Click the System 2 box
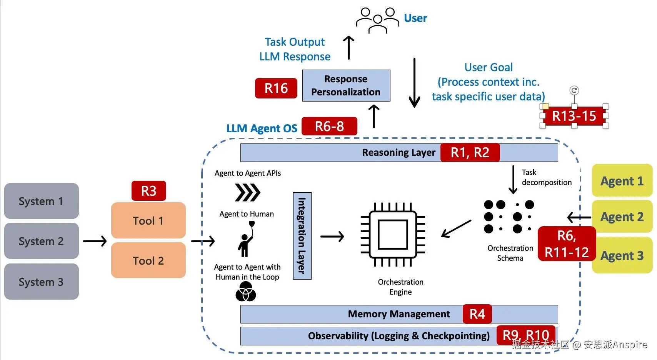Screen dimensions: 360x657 click(x=42, y=241)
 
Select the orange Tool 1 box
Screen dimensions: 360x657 click(x=148, y=220)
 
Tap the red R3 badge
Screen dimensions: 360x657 click(x=149, y=191)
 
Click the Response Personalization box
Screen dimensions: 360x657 click(x=346, y=85)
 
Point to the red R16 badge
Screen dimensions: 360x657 click(x=276, y=88)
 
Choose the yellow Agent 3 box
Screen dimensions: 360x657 click(x=622, y=255)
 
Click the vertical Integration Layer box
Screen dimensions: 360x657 click(x=302, y=236)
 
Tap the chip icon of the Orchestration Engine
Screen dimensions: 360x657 click(x=393, y=235)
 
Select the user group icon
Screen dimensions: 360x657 click(x=377, y=20)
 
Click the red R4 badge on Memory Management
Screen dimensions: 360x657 click(x=477, y=314)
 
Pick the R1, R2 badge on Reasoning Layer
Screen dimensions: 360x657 click(x=470, y=153)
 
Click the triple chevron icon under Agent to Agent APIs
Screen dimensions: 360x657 click(x=248, y=192)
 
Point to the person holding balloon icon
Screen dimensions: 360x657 click(x=246, y=240)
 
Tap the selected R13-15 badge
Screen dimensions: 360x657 click(x=574, y=116)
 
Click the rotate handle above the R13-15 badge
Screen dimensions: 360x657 click(x=574, y=90)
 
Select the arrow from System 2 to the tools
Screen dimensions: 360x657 click(x=95, y=241)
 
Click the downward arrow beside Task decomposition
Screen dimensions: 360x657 click(x=513, y=180)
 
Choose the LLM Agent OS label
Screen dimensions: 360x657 click(x=262, y=128)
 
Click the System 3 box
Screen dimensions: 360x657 click(x=42, y=282)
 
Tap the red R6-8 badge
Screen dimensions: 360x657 click(x=329, y=126)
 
